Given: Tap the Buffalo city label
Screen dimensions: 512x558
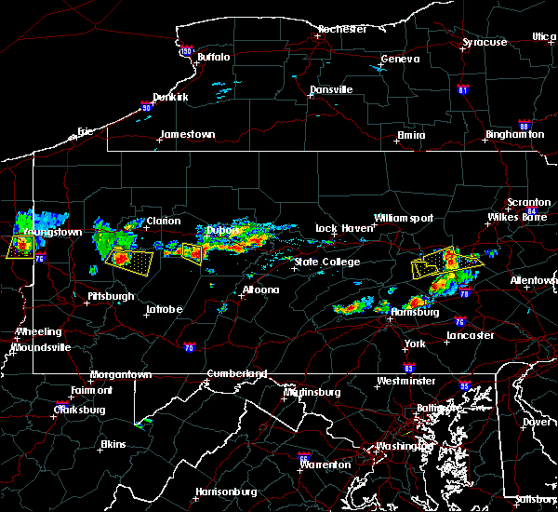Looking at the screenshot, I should pos(213,58).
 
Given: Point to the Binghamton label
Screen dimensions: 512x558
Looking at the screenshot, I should pos(514,135).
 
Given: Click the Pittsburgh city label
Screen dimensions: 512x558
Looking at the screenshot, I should pos(110,297).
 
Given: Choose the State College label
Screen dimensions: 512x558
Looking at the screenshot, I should pos(326,263).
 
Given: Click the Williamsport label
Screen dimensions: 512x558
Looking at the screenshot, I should pos(404,219).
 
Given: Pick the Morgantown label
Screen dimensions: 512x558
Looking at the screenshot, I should pos(120,375).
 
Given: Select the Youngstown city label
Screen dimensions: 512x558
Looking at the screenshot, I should pos(51,232).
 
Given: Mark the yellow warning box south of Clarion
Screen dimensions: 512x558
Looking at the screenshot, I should pos(131,260).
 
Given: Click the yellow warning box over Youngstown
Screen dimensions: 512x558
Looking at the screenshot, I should pos(20,247).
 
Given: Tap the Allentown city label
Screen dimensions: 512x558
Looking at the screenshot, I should pos(533,280).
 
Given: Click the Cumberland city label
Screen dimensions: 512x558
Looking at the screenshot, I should pos(235,374).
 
